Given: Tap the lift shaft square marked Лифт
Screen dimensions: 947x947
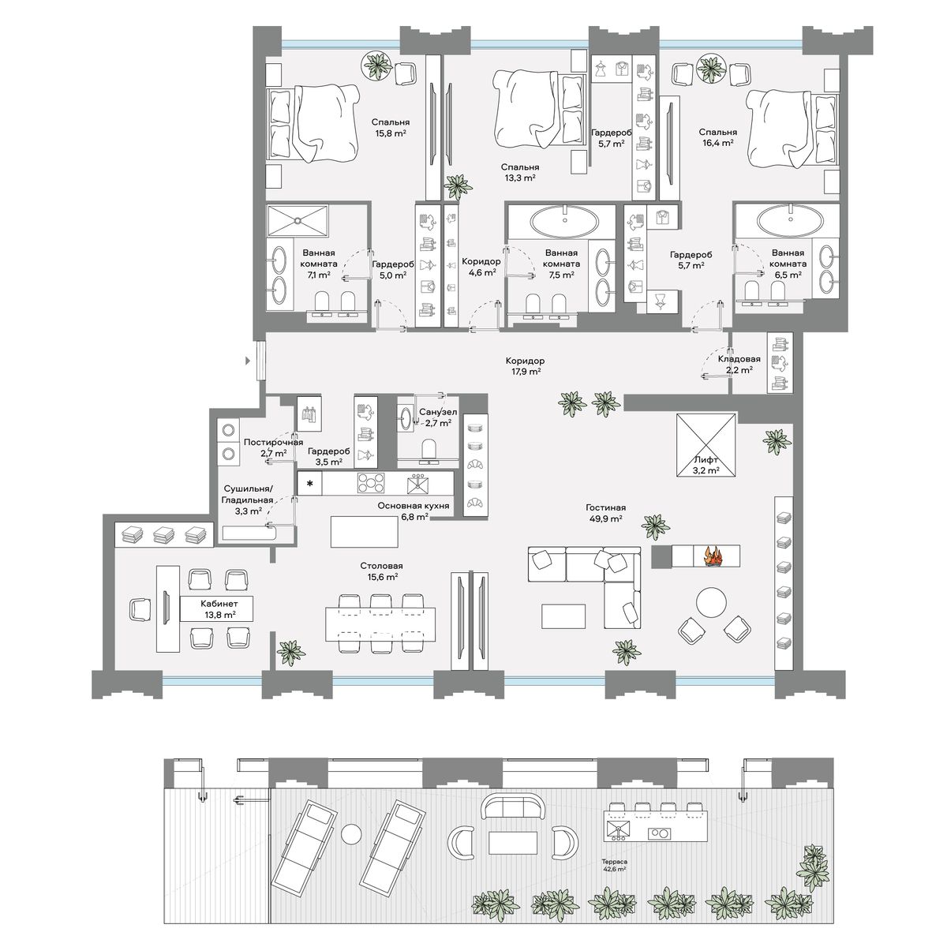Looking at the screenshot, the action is click(x=706, y=445).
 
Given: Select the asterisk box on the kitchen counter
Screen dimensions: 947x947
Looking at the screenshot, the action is click(x=310, y=484).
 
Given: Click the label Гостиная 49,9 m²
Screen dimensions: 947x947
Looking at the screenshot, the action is click(x=605, y=513).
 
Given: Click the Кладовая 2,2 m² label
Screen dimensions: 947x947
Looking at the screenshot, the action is click(x=739, y=364).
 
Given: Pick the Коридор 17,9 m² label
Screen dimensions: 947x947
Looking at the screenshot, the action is click(x=525, y=366).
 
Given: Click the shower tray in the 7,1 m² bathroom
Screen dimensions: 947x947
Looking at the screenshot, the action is click(x=297, y=221).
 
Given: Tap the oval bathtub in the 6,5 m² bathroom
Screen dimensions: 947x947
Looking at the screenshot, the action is click(x=790, y=220).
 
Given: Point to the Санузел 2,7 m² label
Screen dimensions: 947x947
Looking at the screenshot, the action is click(x=438, y=417).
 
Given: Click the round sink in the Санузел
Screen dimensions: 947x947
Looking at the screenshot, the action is click(x=406, y=417).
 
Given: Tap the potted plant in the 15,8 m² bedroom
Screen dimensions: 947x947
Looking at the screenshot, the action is click(x=377, y=65).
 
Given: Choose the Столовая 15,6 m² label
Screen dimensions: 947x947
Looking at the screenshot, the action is click(x=378, y=571).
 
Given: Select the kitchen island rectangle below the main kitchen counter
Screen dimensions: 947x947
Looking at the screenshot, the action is click(x=364, y=531).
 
